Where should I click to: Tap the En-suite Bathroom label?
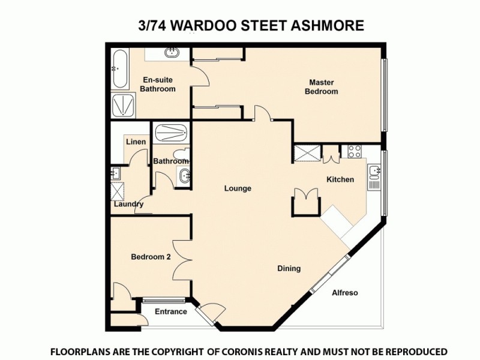coord(158,84)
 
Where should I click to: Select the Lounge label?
coord(238,188)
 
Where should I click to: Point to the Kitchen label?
coord(340,179)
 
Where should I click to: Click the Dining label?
coord(289,268)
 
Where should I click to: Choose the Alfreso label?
coord(345,293)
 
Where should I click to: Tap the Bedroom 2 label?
coord(151,257)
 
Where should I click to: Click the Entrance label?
coord(171,311)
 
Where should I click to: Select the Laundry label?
coord(129,204)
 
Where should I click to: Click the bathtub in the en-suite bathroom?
coord(118,70)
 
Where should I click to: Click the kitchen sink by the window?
coord(374,174)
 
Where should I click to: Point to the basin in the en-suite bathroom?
coord(173,52)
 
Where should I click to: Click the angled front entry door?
coord(212,312)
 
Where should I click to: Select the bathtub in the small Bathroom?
coord(171,131)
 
